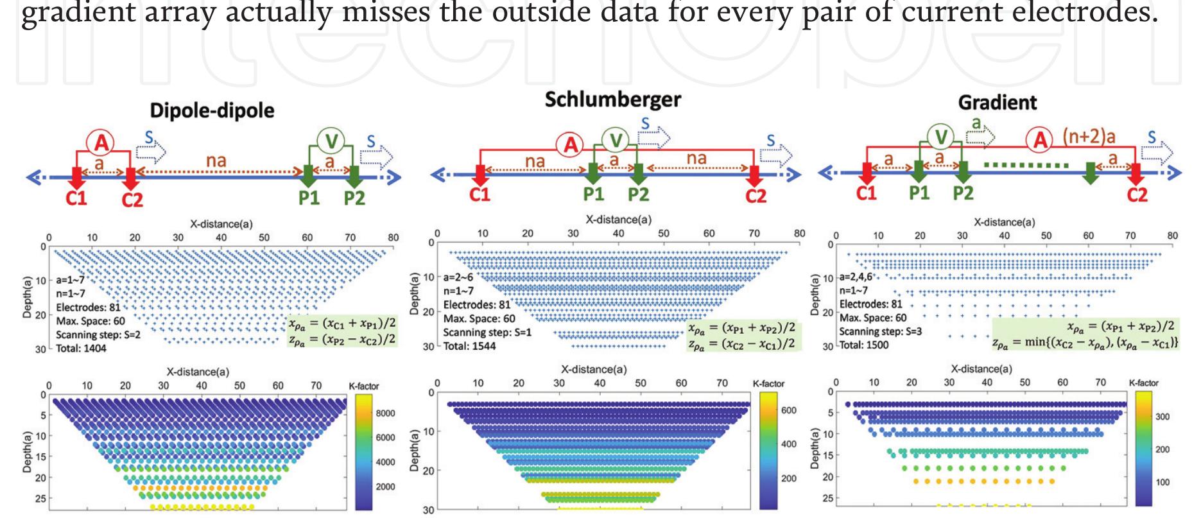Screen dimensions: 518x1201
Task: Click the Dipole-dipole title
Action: [212, 110]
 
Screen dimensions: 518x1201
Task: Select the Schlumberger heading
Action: [612, 99]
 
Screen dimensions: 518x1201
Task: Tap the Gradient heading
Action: [997, 103]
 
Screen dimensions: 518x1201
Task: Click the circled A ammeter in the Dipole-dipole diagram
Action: [101, 142]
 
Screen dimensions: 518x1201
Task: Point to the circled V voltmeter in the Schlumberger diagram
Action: [615, 140]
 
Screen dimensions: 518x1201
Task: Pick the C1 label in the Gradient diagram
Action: [867, 193]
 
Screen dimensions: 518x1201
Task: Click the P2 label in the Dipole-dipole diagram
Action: [354, 197]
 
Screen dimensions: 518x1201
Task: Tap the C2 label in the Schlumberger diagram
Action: [756, 196]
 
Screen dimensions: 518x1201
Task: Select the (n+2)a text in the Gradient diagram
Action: [1089, 137]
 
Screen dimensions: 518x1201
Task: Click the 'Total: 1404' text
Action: [81, 349]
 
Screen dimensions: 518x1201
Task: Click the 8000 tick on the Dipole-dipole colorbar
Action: [385, 413]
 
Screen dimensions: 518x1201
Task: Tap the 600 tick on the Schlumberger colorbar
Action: [789, 410]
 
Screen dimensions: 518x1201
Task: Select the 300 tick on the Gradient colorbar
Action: [1162, 416]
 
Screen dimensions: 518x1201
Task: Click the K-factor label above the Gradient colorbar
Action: [1143, 383]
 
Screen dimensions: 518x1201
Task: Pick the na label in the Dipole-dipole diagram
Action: [216, 160]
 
